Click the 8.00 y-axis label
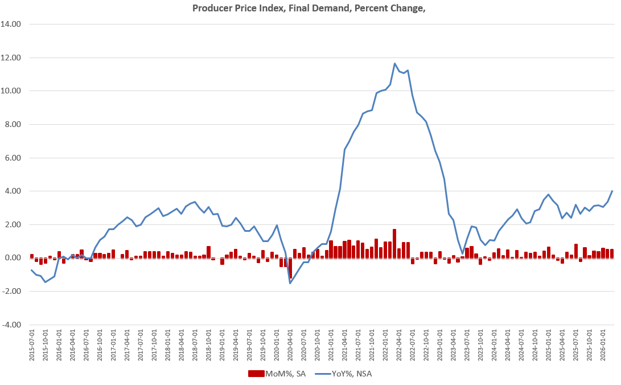[13, 124]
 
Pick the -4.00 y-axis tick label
[12, 325]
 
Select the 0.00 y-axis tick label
[13, 258]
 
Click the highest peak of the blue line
[395, 63]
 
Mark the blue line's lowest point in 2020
[290, 283]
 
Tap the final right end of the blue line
[612, 191]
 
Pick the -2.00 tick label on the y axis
[12, 291]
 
